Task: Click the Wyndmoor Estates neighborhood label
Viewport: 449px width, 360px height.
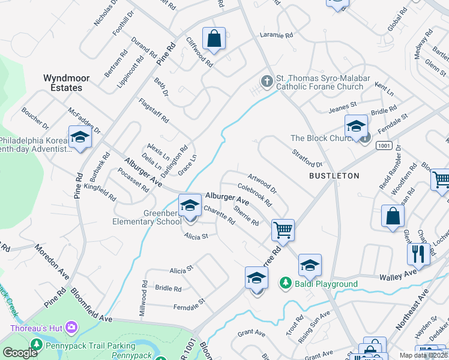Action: click(62, 83)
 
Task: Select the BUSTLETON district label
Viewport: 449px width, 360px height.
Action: click(334, 176)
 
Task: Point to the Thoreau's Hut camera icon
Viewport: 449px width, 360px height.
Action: click(72, 328)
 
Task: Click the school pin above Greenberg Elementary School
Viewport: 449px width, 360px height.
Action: click(190, 205)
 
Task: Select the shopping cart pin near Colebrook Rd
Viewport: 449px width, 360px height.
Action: click(282, 229)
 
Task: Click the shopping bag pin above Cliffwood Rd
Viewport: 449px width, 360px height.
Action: click(214, 39)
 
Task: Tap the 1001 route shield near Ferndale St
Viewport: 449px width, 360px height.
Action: click(384, 146)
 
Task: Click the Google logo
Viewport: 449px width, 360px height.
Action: click(20, 353)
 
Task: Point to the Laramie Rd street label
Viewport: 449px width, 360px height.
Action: click(276, 35)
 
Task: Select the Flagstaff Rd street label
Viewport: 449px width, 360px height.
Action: click(154, 110)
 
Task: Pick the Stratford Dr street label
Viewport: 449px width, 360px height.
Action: click(307, 159)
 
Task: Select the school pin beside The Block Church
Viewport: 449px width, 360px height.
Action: click(356, 127)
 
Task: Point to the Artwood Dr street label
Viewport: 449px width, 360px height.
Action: click(262, 182)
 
